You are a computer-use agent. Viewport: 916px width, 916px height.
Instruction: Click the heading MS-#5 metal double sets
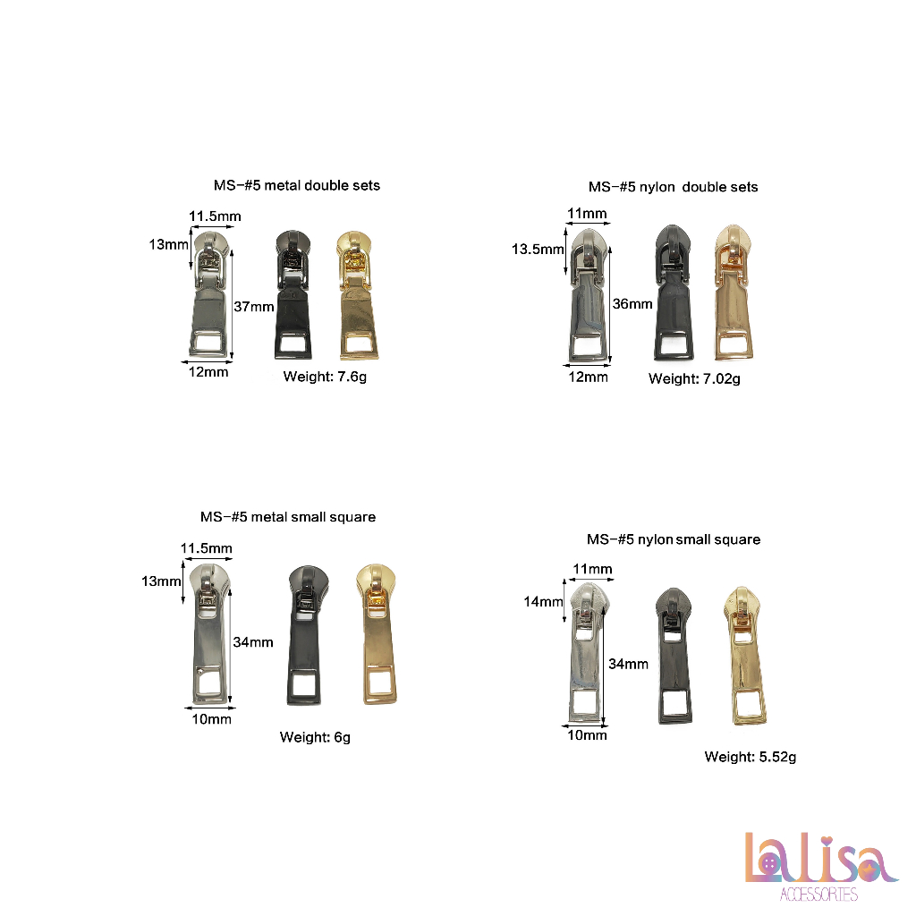[x=297, y=185]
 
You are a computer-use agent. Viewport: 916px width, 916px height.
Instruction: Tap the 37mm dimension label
[x=254, y=306]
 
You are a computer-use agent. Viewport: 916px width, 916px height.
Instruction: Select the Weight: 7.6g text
[x=325, y=377]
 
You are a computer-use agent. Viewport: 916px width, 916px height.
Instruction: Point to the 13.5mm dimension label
[x=538, y=250]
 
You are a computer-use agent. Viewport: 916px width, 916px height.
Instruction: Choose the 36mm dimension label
[x=632, y=304]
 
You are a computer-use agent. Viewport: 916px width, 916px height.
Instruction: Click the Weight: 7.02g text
[x=694, y=379]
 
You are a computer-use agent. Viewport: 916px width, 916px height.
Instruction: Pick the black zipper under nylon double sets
[x=674, y=293]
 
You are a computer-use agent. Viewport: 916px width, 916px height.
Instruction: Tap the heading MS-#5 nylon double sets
[x=673, y=187]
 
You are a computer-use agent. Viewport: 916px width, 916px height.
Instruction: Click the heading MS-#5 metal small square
[x=288, y=517]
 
